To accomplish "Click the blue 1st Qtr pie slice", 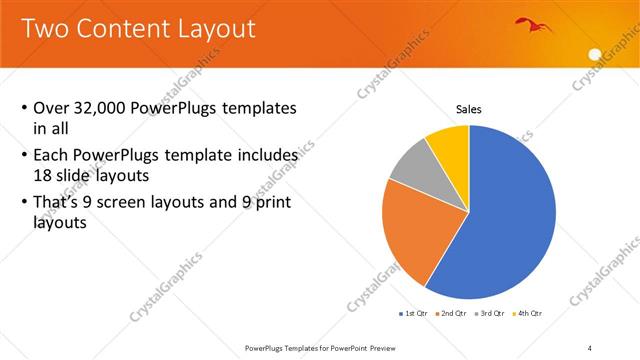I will pyautogui.click(x=510, y=220).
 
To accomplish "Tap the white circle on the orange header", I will pyautogui.click(x=596, y=54).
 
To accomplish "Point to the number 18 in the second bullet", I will pyautogui.click(x=44, y=173).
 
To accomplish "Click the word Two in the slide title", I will pyautogui.click(x=44, y=28).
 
